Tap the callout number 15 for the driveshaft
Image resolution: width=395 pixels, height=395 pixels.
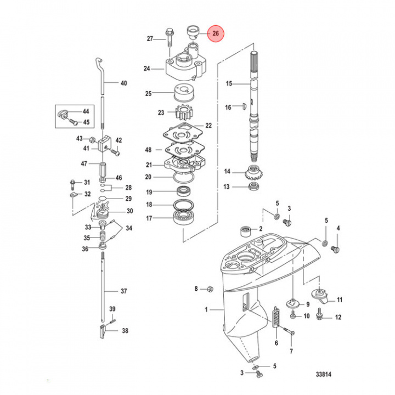tap(229, 83)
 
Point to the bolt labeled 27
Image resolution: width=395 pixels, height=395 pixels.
tap(168, 38)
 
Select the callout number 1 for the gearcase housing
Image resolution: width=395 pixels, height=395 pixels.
tap(207, 310)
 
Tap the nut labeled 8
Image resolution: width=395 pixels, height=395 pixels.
tap(210, 289)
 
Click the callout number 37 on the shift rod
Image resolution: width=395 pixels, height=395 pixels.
tap(123, 291)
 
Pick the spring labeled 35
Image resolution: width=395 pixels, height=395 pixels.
tap(101, 237)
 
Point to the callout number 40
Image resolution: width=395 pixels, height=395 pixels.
tap(123, 83)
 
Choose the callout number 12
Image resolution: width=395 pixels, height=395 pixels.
tap(338, 317)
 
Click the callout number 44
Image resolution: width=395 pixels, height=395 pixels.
tap(86, 111)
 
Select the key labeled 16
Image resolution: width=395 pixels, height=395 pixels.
tap(245, 107)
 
